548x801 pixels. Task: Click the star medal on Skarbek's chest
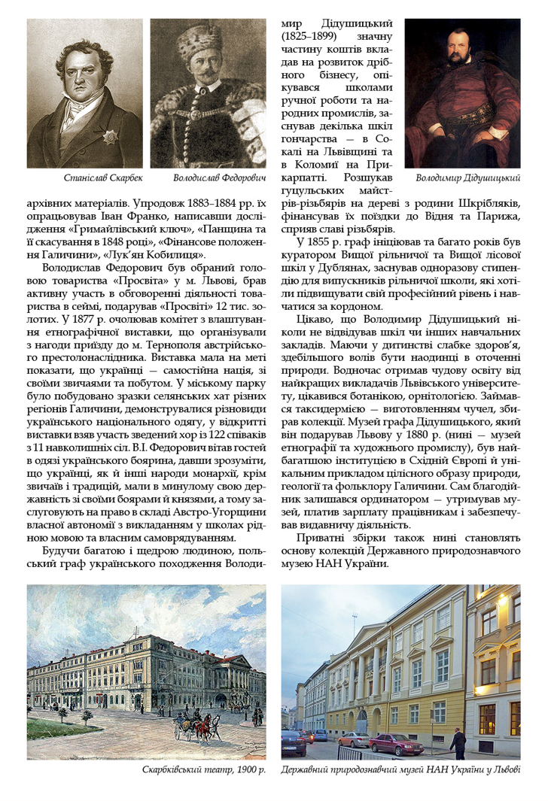point(111,138)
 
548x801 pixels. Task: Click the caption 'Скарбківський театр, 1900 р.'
point(203,769)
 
